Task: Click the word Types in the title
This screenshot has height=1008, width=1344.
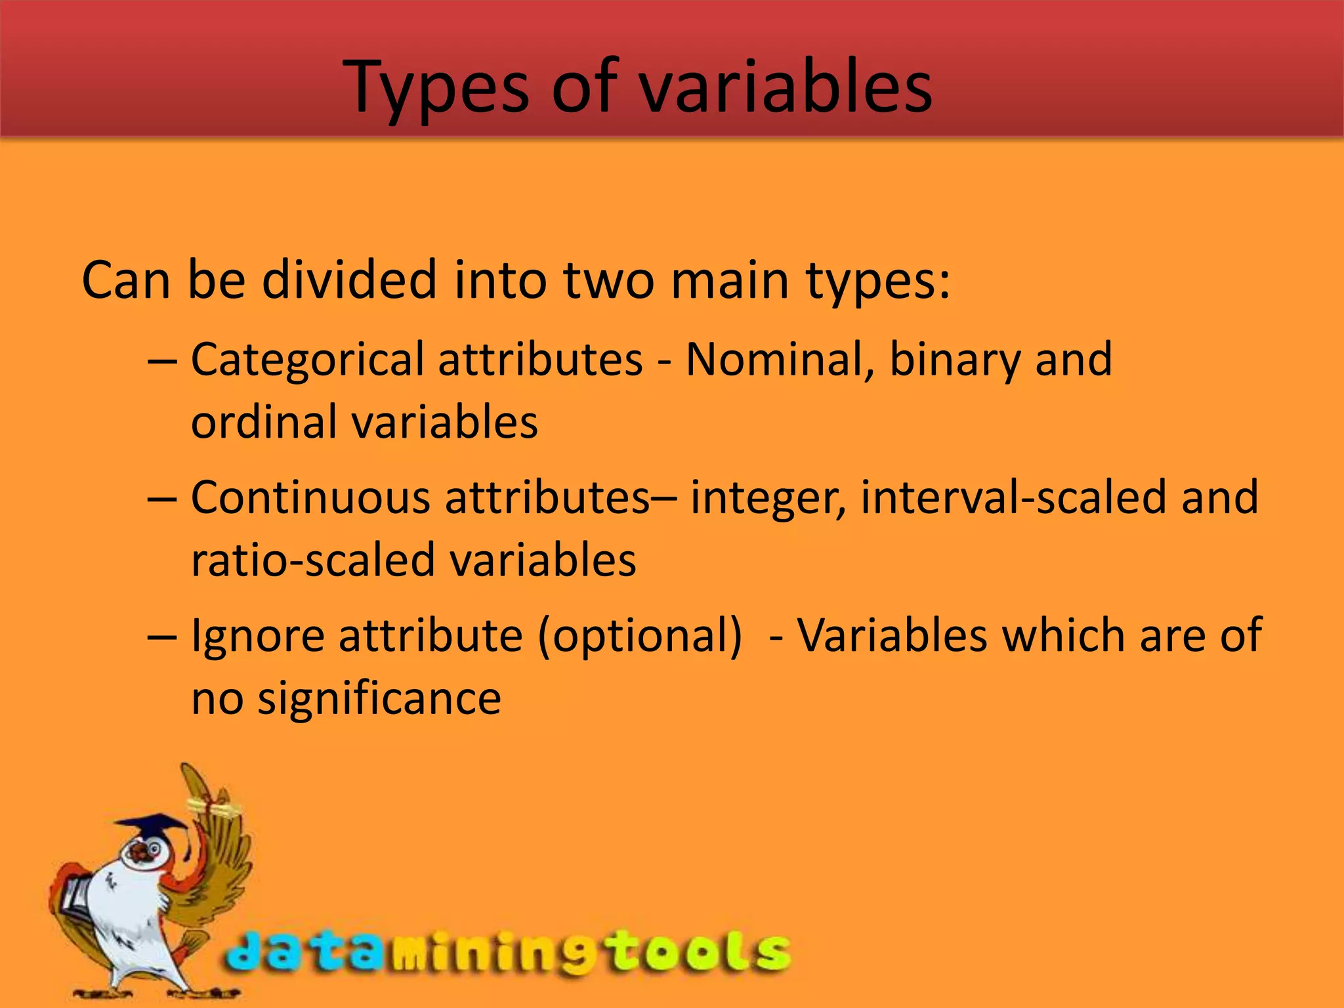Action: (436, 89)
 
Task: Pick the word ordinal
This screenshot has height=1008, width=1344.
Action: (264, 422)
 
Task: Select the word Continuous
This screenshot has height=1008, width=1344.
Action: (310, 497)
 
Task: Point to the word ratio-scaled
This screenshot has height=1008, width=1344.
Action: (313, 560)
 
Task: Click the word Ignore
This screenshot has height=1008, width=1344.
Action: (257, 637)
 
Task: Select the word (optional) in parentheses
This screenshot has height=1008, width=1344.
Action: (640, 637)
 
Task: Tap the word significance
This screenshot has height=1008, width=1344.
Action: (379, 698)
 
